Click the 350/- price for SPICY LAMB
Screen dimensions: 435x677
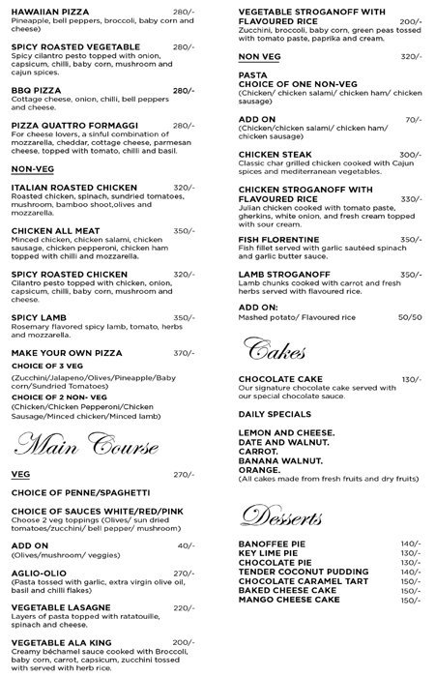pyautogui.click(x=184, y=317)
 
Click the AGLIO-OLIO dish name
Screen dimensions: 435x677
pyautogui.click(x=39, y=572)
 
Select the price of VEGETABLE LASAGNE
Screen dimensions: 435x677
pyautogui.click(x=184, y=607)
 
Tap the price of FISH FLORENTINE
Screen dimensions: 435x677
pyautogui.click(x=411, y=239)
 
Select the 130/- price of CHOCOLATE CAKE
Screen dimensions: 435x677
pyautogui.click(x=411, y=378)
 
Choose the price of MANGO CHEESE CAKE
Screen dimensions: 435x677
pyautogui.click(x=411, y=599)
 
